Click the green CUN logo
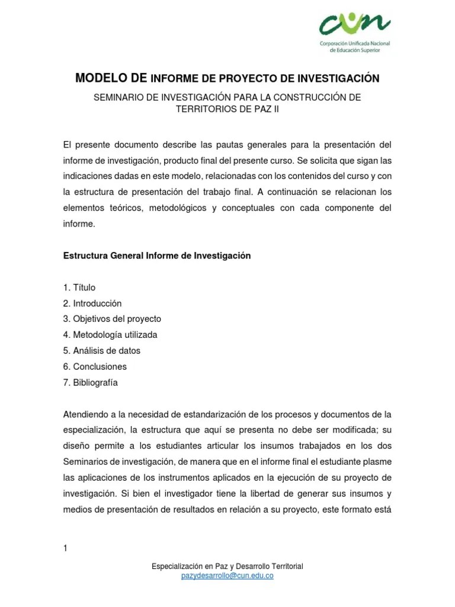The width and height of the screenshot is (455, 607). pos(355,25)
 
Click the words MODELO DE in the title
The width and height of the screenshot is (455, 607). pos(111,78)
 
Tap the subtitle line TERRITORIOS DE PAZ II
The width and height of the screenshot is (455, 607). pos(227,108)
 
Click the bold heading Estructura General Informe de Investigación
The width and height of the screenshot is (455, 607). pos(157,255)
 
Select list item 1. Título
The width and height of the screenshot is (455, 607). pos(79,287)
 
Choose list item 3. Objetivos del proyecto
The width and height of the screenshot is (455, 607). pos(112,319)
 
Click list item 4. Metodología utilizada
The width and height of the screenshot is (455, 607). pos(110,335)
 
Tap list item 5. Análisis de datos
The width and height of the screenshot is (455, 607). pos(101,351)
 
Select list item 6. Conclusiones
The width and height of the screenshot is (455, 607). pos(95,366)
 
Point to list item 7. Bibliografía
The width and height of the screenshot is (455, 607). pos(90,382)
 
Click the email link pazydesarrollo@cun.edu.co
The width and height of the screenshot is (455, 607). pos(227,576)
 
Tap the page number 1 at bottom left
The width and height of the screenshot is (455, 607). pos(65,548)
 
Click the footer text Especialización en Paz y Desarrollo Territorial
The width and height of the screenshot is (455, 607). pos(227,567)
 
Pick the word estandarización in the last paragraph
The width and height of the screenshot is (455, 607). pos(216,414)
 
